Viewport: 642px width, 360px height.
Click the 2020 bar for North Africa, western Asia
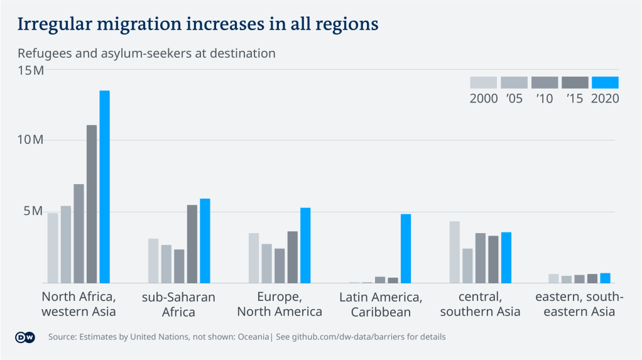104,187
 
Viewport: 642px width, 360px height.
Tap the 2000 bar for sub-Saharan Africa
153,261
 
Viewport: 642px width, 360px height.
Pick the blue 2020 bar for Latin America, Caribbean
406,249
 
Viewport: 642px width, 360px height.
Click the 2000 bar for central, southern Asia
455,252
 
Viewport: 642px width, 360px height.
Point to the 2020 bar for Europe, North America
305,245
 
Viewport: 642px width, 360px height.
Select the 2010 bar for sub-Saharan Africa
179,266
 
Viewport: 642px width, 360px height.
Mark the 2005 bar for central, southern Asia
467,266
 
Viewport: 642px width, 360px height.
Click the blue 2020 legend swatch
605,82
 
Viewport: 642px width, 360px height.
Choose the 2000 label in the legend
484,99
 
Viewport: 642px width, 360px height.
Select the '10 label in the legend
544,99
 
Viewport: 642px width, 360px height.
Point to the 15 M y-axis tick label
30,70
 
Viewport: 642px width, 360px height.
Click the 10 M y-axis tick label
30,140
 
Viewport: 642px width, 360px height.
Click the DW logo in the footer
24,337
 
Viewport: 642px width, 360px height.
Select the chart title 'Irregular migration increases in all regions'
198,24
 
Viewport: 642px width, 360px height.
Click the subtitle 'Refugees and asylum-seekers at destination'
146,53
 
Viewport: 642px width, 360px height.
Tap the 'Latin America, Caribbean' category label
381,304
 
